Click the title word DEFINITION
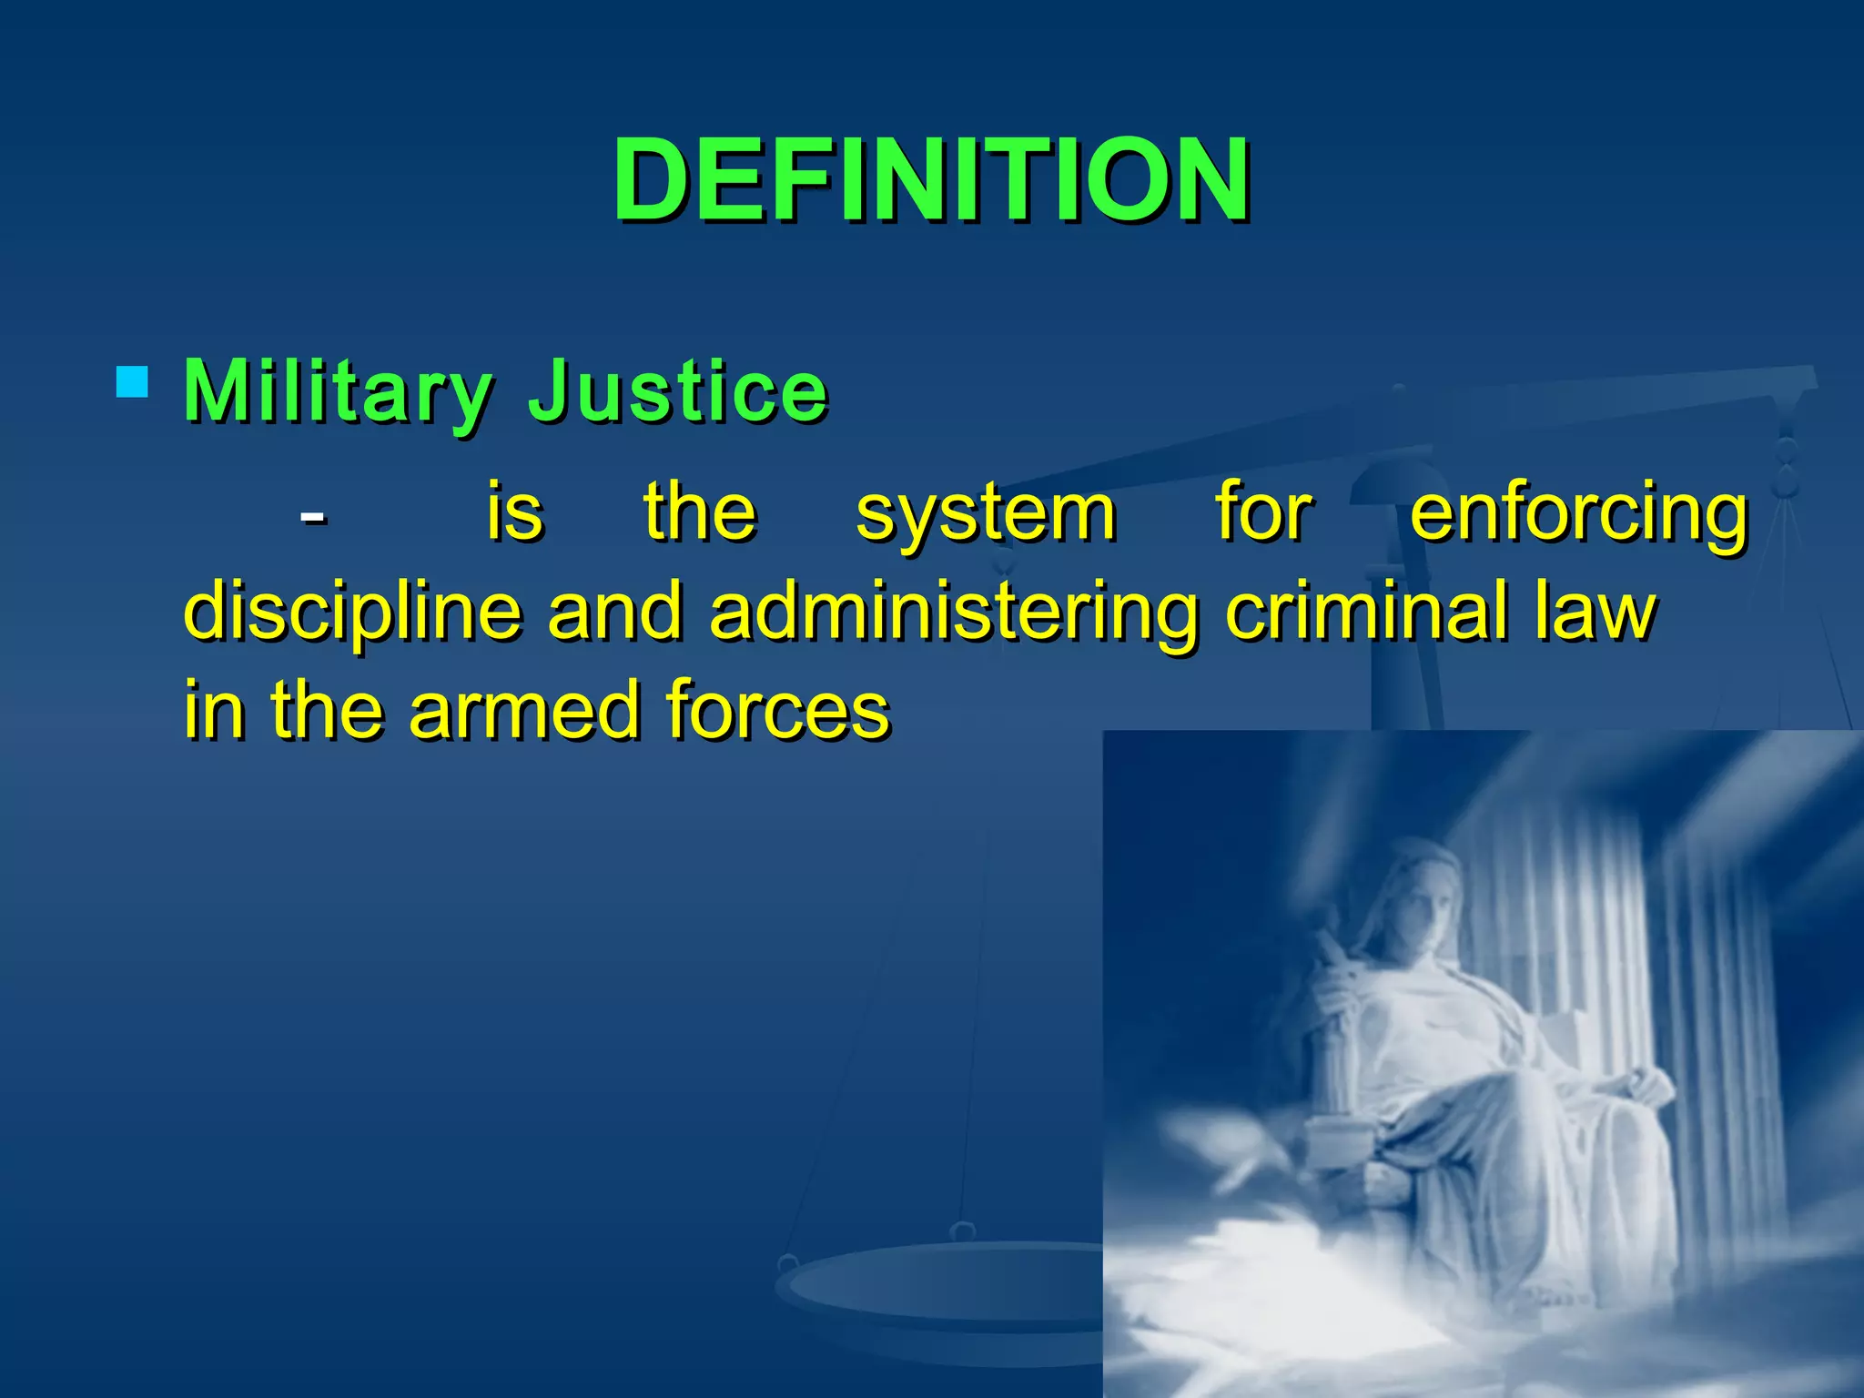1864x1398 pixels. [x=931, y=179]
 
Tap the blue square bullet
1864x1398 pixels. [x=133, y=382]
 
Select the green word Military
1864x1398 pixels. [x=337, y=392]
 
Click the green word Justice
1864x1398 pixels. [x=678, y=392]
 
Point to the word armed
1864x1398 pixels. [x=523, y=710]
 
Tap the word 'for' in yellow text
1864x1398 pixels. [x=1264, y=513]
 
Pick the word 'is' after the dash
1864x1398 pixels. [x=515, y=513]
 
